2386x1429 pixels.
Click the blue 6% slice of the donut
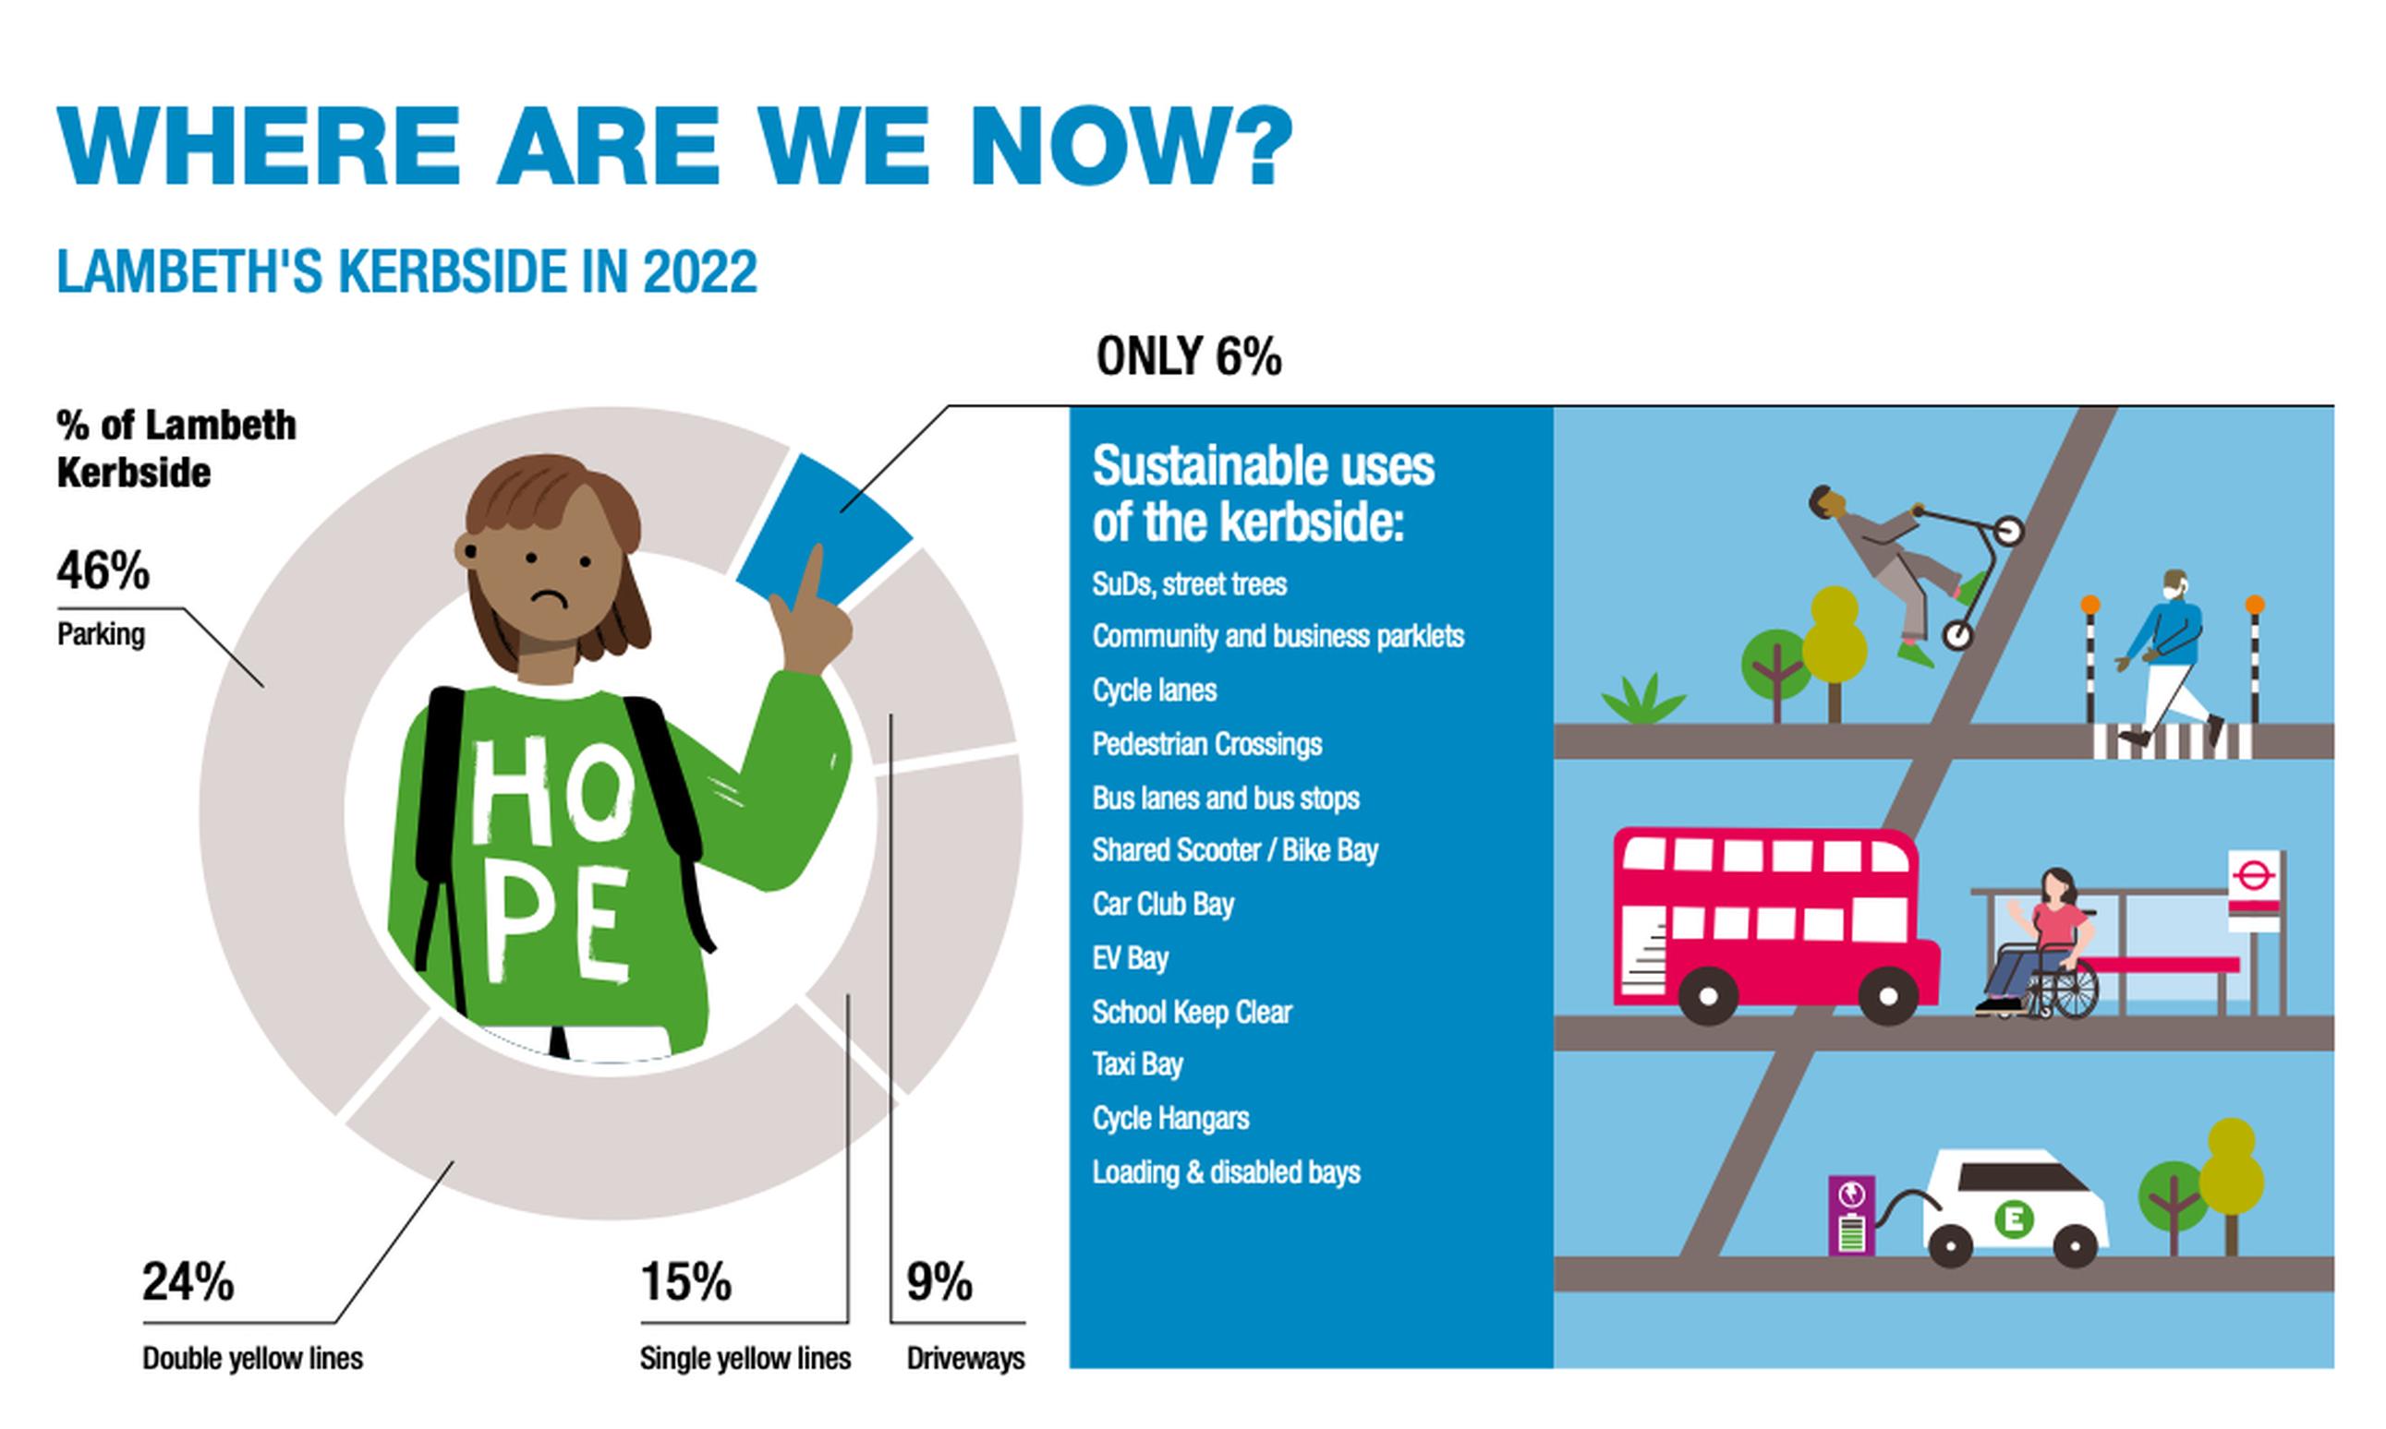point(829,530)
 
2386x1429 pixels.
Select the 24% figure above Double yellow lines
point(188,1281)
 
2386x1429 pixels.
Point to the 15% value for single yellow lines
point(685,1281)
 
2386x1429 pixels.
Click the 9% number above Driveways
point(939,1281)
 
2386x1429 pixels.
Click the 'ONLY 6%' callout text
point(1189,356)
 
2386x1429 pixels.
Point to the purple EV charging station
point(1851,1215)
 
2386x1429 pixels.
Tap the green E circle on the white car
point(2012,1219)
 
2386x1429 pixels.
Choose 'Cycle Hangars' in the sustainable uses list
point(1170,1118)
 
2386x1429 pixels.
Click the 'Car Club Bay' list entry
point(1163,904)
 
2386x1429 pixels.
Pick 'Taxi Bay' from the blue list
point(1138,1064)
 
